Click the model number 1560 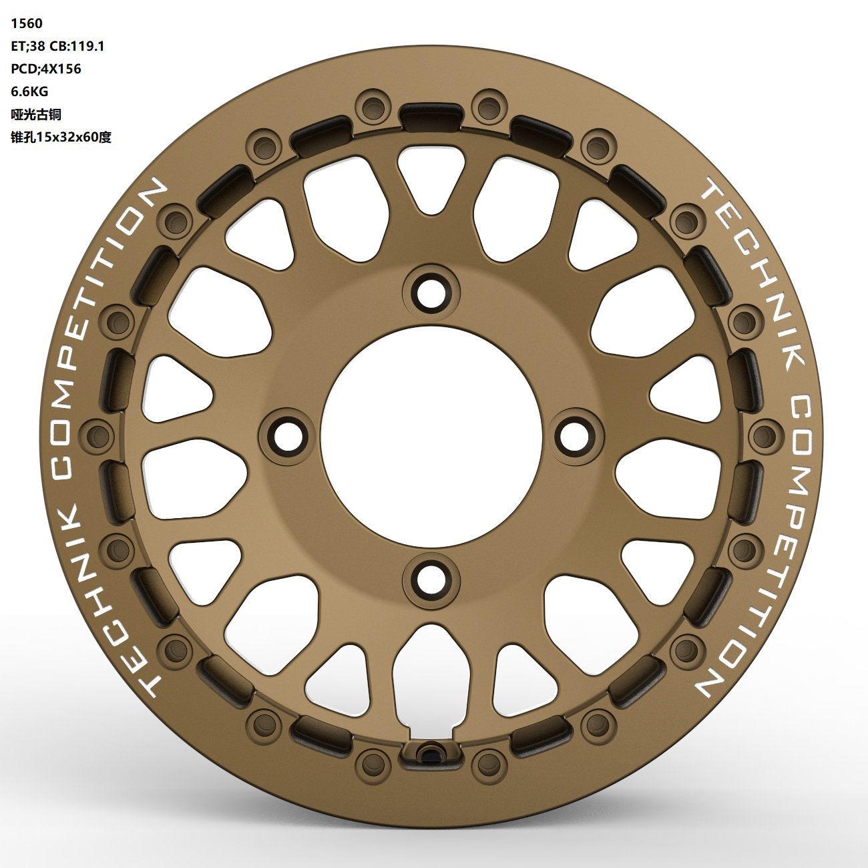[27, 23]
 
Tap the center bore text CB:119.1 [77, 46]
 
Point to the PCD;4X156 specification [46, 69]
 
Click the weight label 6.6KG [29, 91]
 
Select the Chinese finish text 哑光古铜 [35, 114]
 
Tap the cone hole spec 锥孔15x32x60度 [61, 137]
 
